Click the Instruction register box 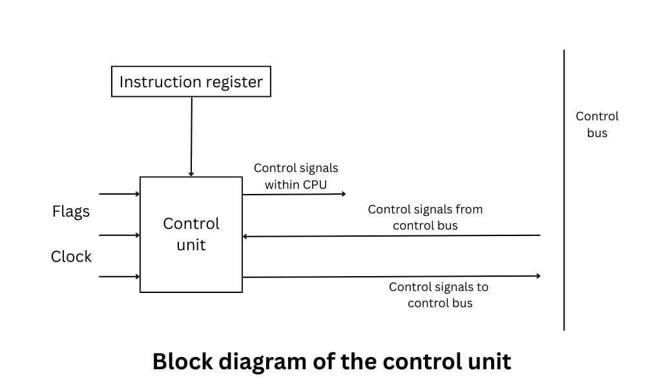[191, 81]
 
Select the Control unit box [191, 234]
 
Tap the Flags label [71, 211]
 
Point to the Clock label [71, 257]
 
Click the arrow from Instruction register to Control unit [191, 136]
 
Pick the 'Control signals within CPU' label [295, 176]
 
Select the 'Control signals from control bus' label [425, 217]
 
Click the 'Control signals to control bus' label [439, 295]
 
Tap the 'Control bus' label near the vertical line [596, 125]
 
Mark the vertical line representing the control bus [564, 194]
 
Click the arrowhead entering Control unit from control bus [246, 236]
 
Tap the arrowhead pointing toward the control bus [537, 276]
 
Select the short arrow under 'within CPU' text [294, 194]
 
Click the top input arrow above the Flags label [120, 193]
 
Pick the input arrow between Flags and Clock [120, 235]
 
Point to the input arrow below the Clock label [120, 277]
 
